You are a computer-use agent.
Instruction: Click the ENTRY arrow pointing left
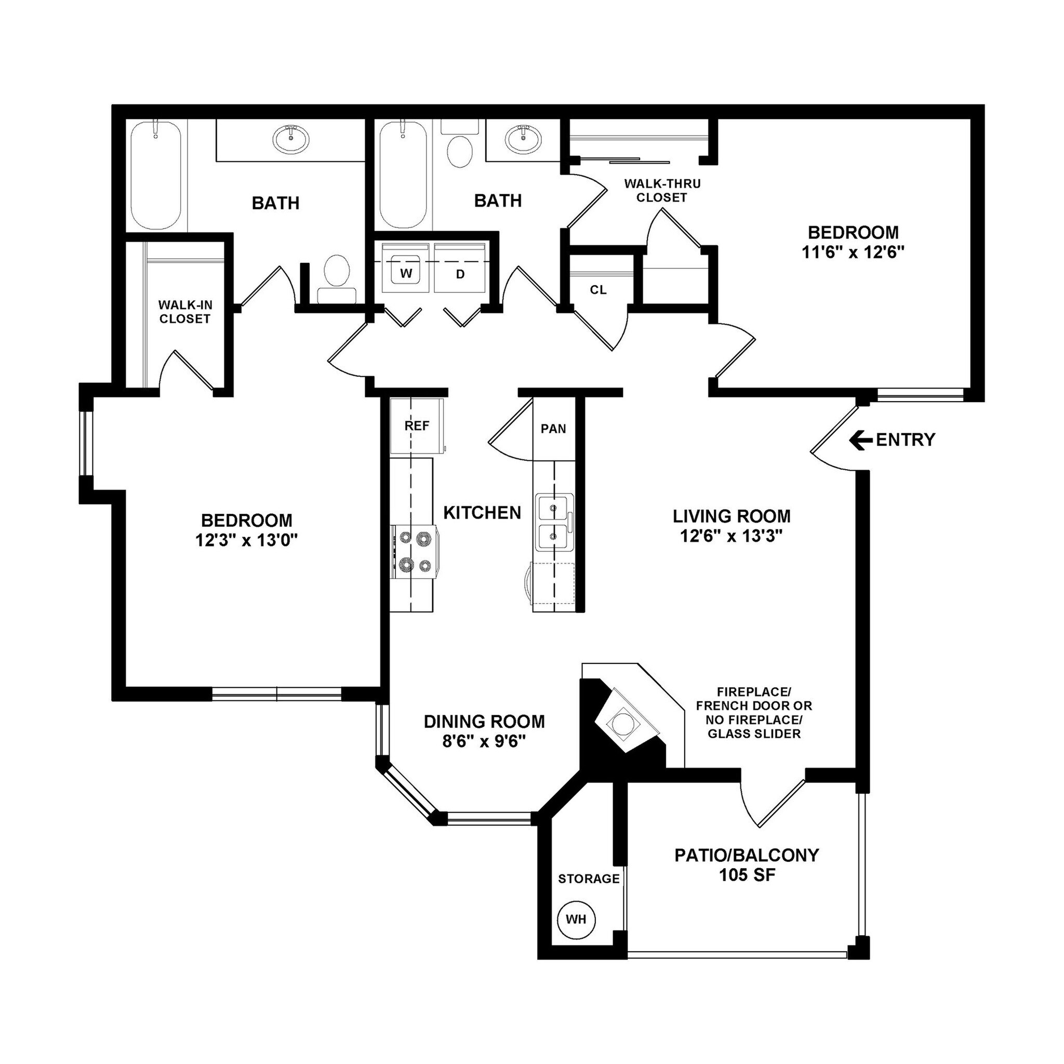[x=861, y=440]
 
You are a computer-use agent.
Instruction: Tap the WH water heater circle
[x=576, y=919]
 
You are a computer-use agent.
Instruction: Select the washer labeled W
[x=406, y=273]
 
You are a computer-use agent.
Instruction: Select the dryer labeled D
[x=460, y=273]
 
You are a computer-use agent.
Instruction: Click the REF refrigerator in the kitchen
[x=417, y=425]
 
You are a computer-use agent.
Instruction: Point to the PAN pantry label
[x=553, y=429]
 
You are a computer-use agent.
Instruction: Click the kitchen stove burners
[x=415, y=551]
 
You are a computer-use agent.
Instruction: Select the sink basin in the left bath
[x=291, y=139]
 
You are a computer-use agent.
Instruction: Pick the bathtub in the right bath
[x=403, y=175]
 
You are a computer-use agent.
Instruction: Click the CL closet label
[x=598, y=290]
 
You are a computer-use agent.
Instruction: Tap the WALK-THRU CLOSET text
[x=662, y=191]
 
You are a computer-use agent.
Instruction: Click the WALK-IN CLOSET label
[x=184, y=312]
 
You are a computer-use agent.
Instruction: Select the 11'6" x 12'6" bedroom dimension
[x=853, y=252]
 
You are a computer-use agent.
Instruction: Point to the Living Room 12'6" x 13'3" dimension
[x=731, y=535]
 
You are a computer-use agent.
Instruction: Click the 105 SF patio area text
[x=747, y=874]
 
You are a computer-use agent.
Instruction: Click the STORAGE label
[x=589, y=879]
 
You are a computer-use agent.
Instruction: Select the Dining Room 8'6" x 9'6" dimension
[x=484, y=741]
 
